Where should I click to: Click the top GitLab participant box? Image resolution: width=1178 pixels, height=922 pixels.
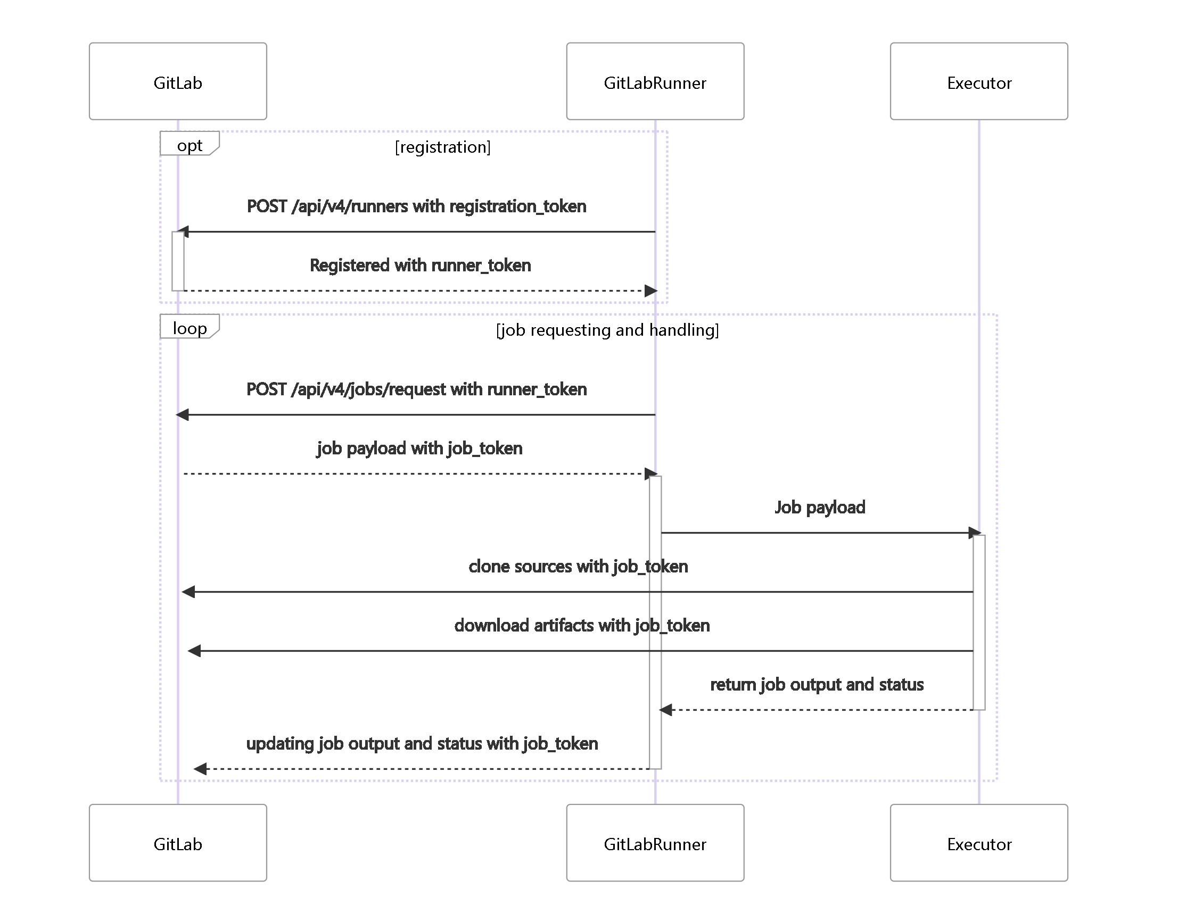pyautogui.click(x=178, y=81)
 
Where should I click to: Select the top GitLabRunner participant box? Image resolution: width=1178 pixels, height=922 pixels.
pyautogui.click(x=655, y=81)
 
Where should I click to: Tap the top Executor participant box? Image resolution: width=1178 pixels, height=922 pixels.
pyautogui.click(x=978, y=81)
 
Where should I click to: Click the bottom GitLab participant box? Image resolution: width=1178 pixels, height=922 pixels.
pyautogui.click(x=178, y=843)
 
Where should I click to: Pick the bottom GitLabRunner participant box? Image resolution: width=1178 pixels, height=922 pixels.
pyautogui.click(x=655, y=843)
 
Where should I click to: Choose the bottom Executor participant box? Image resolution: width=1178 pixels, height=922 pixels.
pyautogui.click(x=978, y=843)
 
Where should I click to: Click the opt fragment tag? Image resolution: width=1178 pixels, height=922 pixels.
pyautogui.click(x=189, y=144)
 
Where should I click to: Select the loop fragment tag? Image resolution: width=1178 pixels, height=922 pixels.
pyautogui.click(x=189, y=327)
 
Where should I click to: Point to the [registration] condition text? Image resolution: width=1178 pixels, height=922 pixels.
pyautogui.click(x=442, y=147)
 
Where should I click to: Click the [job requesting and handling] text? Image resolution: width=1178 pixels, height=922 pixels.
pyautogui.click(x=607, y=330)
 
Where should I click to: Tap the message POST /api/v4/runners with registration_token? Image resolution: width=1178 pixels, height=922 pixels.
pyautogui.click(x=416, y=206)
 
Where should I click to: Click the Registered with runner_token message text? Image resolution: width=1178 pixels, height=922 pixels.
pyautogui.click(x=419, y=265)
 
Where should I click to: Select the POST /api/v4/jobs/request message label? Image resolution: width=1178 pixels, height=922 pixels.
pyautogui.click(x=416, y=389)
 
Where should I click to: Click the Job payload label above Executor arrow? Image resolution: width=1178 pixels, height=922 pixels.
pyautogui.click(x=819, y=507)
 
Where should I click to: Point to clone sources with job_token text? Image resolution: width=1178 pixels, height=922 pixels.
pyautogui.click(x=578, y=566)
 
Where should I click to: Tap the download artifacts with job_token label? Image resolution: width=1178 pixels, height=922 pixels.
pyautogui.click(x=582, y=625)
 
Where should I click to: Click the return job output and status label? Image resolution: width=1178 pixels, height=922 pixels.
pyautogui.click(x=816, y=685)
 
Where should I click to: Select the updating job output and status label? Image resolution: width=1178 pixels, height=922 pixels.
pyautogui.click(x=422, y=743)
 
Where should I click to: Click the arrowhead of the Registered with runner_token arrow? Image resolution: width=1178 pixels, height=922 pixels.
pyautogui.click(x=651, y=291)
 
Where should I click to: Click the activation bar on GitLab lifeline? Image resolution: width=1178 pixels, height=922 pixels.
pyautogui.click(x=178, y=262)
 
